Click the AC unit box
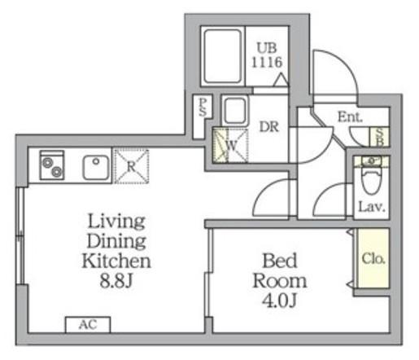coord(88,324)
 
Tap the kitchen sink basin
coord(96,167)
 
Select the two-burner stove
coord(52,165)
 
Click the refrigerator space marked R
coord(131,166)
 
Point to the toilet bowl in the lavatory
coord(371,180)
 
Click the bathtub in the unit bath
coord(223,56)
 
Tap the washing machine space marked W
coord(230,146)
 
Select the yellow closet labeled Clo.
coord(373,258)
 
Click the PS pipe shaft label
coord(203,107)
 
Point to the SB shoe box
coord(380,137)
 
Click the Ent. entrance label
coord(350,117)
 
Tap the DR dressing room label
coord(269,127)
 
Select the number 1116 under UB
coord(267,62)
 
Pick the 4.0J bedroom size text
coord(279,300)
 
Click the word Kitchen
coord(116,261)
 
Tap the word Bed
coord(280,261)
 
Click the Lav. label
coord(372,207)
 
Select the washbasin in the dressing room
coord(235,110)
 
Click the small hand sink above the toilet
coord(371,160)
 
